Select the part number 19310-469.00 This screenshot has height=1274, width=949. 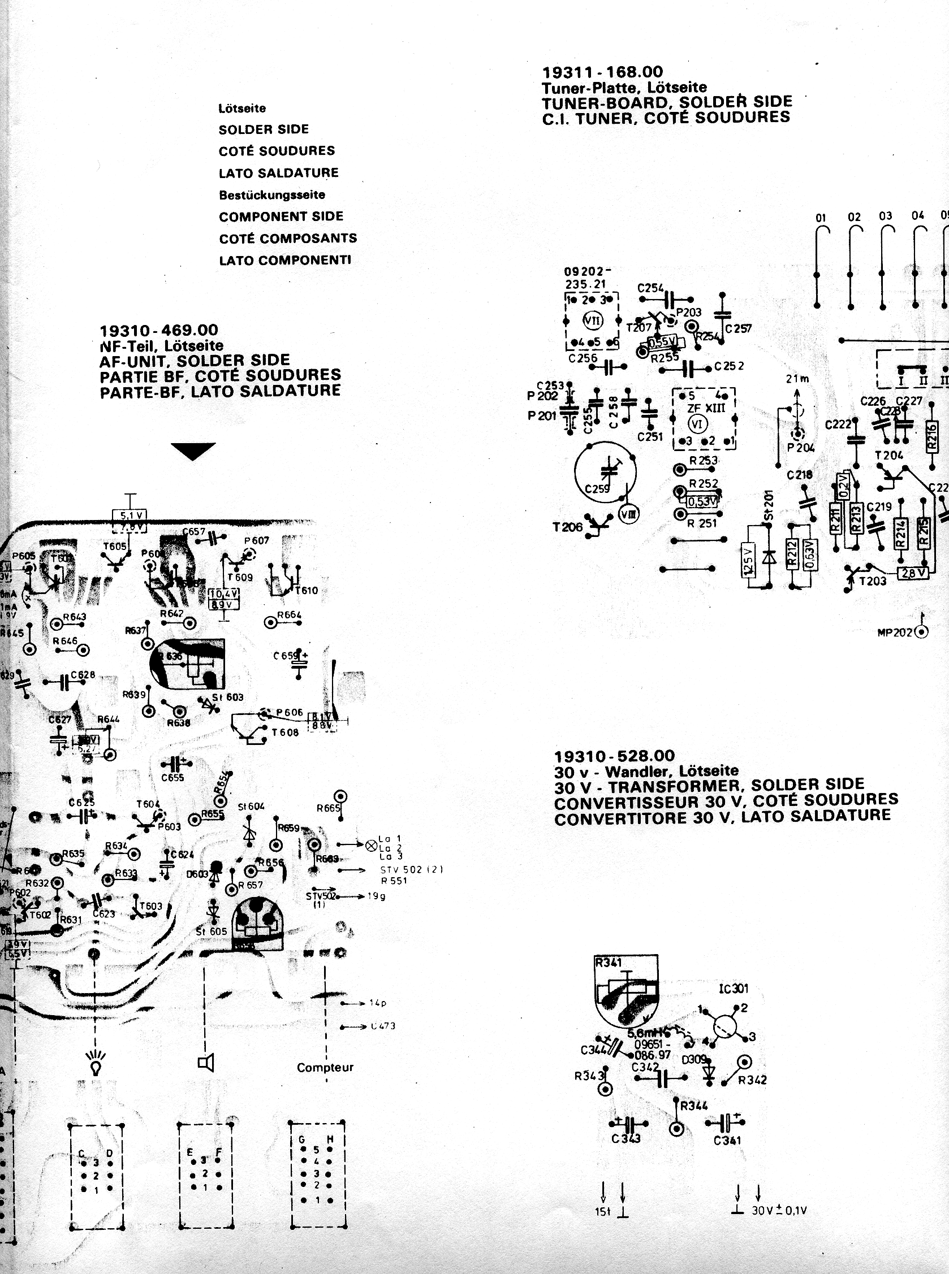(158, 331)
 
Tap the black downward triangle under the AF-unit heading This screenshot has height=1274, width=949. (193, 450)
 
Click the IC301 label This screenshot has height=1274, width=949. (733, 989)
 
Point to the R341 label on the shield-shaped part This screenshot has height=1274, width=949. (609, 962)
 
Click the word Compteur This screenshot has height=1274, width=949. (325, 1068)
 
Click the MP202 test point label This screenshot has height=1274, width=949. (895, 632)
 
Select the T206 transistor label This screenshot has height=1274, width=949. (567, 527)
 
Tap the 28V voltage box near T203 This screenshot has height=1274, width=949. (912, 573)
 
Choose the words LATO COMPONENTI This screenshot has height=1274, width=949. (285, 261)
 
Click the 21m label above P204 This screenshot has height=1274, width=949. (797, 379)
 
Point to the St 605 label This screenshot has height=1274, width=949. (212, 931)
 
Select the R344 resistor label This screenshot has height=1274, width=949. (694, 1106)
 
